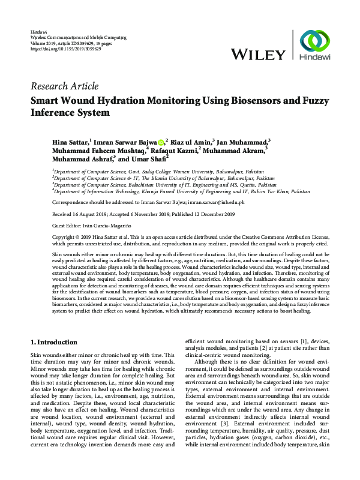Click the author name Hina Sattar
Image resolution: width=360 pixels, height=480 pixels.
tap(70, 142)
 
